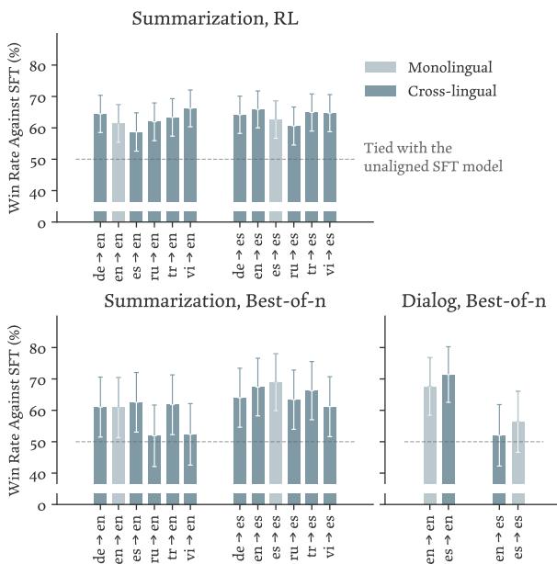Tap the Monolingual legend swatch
coord(382,67)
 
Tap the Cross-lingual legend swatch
coord(382,91)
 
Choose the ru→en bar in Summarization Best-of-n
coord(154,459)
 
